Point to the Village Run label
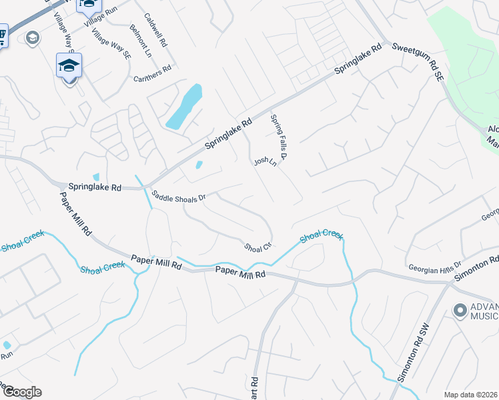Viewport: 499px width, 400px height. (99, 19)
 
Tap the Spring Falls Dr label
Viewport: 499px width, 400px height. (278, 137)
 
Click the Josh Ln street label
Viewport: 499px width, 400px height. (264, 164)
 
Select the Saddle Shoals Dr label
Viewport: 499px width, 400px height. (180, 197)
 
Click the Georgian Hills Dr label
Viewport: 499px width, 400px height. (435, 267)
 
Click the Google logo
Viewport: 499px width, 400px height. (21, 392)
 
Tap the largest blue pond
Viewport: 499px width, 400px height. (184, 107)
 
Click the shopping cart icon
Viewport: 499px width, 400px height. (2, 35)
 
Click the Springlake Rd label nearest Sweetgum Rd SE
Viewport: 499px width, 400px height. (358, 59)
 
